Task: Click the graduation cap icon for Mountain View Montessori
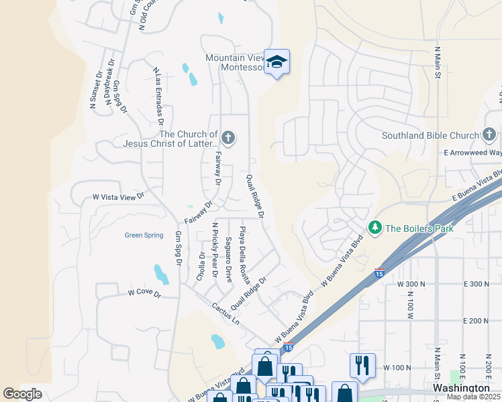point(277,62)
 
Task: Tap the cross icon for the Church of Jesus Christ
point(228,139)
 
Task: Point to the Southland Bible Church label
point(430,135)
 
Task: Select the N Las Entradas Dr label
point(158,96)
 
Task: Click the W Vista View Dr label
point(117,197)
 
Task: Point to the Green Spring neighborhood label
point(144,235)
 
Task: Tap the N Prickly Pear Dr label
point(215,249)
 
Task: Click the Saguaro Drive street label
point(229,259)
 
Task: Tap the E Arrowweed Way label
point(471,153)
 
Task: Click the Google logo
point(22,394)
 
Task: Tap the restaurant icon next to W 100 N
point(362,364)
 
